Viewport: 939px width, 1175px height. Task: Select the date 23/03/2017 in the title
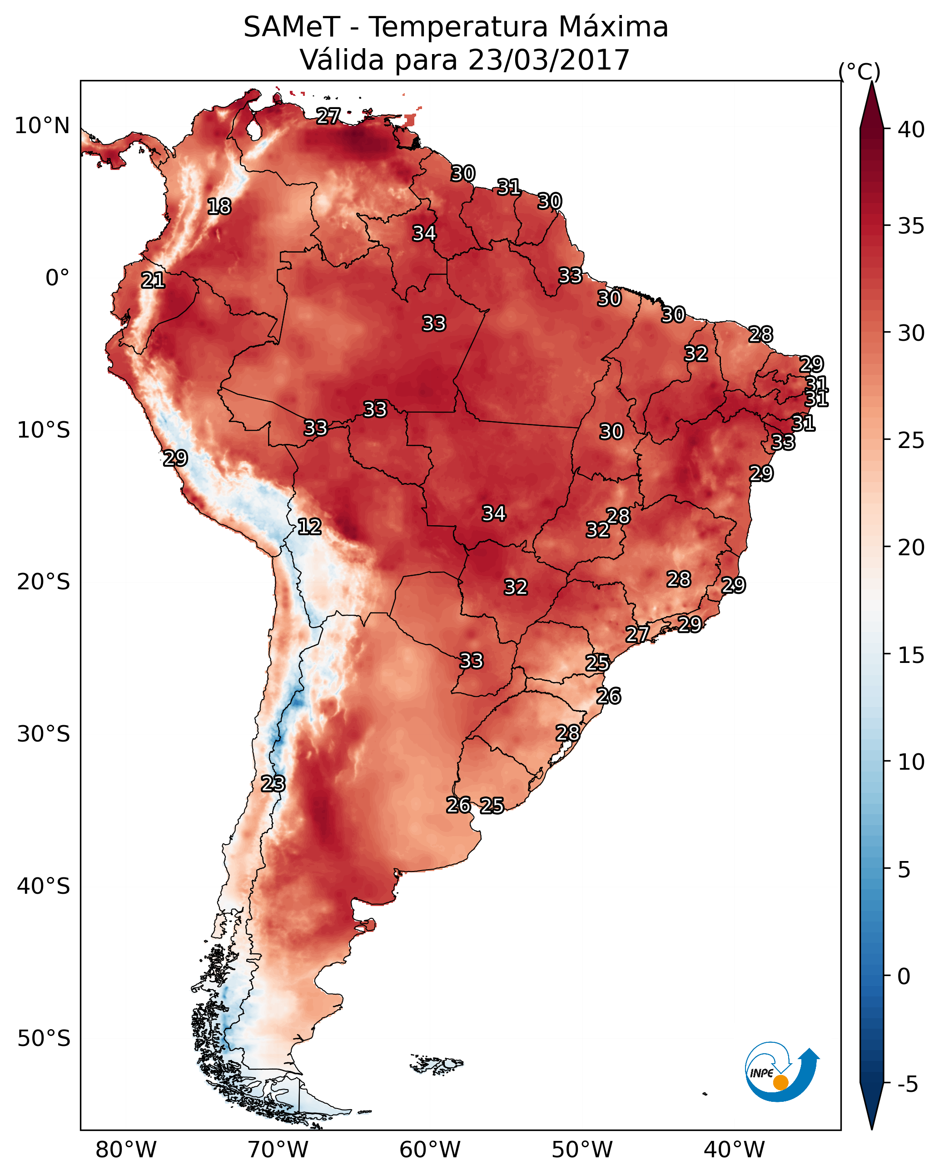pos(548,60)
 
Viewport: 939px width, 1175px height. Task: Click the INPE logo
pos(782,1071)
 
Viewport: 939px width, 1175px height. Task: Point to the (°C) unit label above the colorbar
pos(859,71)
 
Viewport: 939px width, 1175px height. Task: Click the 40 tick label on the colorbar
pos(911,129)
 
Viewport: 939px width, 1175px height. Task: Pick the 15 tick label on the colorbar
pos(911,655)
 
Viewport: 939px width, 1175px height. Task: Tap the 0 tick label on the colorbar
pos(904,976)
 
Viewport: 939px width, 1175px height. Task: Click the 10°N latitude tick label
pos(42,126)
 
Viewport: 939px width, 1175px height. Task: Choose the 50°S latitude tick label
pos(44,1038)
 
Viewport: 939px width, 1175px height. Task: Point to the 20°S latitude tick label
pos(44,582)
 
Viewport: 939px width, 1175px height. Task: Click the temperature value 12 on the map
pos(309,527)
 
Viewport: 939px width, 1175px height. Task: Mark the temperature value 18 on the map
pos(219,207)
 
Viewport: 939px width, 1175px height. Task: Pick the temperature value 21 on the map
pos(153,281)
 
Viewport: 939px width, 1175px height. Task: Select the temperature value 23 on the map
pos(273,784)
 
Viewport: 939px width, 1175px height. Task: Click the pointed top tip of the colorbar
pos(871,82)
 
